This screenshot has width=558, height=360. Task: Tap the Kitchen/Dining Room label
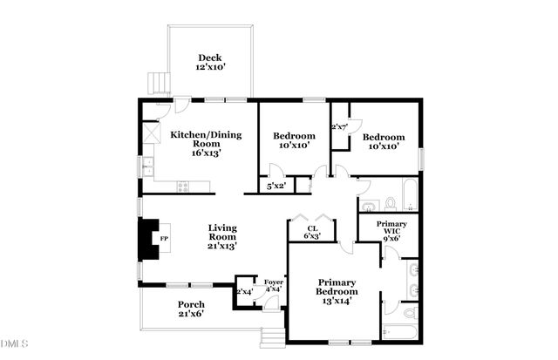(x=207, y=141)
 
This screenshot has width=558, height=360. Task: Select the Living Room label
(x=221, y=235)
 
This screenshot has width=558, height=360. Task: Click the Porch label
(x=191, y=309)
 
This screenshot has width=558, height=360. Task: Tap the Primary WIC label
(x=391, y=231)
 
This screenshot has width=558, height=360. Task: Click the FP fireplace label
(x=162, y=238)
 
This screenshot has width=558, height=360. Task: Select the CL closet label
(x=311, y=231)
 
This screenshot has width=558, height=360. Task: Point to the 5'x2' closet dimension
(x=276, y=186)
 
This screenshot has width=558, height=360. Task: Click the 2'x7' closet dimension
(x=339, y=127)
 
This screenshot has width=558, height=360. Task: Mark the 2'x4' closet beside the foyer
(x=243, y=291)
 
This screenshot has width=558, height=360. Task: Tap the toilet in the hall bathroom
(x=390, y=204)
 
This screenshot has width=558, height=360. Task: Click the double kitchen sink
(x=148, y=163)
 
